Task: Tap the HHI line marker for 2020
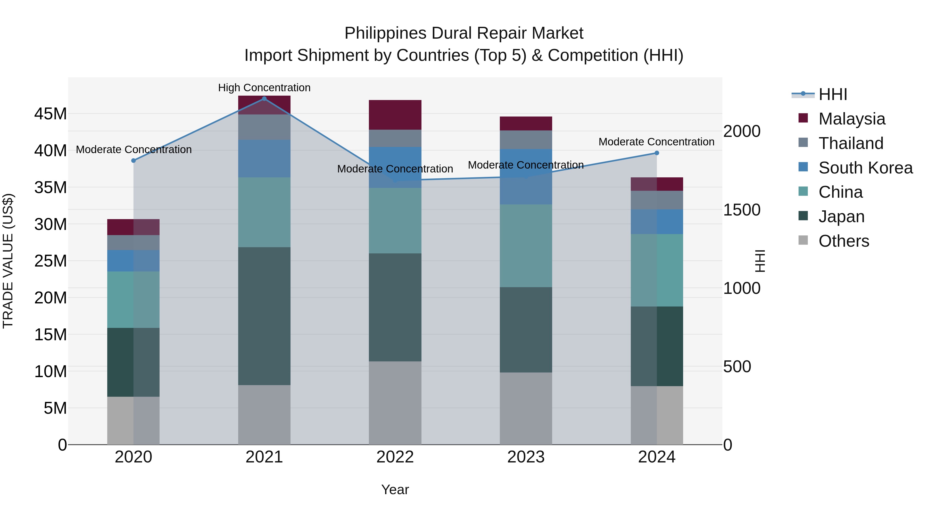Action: click(133, 160)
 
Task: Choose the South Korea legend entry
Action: click(865, 168)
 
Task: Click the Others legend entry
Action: click(843, 241)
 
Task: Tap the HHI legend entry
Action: click(833, 94)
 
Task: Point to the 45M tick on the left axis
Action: click(51, 114)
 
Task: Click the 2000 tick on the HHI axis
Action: click(742, 131)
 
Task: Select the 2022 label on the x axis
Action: click(395, 457)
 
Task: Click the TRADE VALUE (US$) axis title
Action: click(8, 261)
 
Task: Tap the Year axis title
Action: click(395, 490)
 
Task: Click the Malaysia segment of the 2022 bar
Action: click(395, 114)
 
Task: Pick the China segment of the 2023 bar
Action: click(526, 246)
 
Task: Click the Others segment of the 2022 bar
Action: click(395, 403)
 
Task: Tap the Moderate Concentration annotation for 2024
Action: click(656, 142)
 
